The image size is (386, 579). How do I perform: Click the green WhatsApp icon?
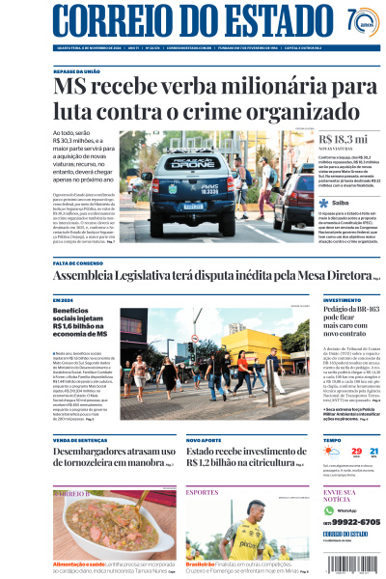pos(328,510)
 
